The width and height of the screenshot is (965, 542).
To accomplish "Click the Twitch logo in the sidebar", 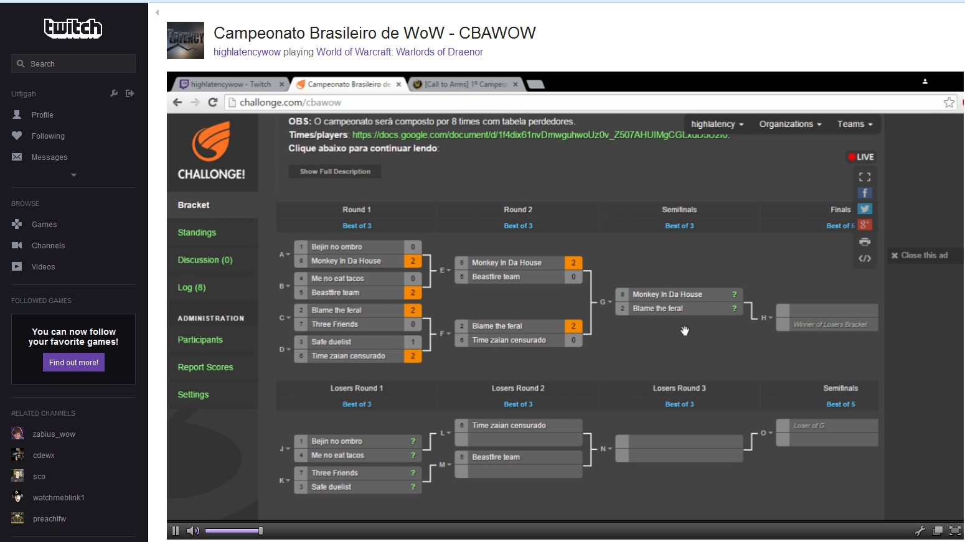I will pyautogui.click(x=73, y=28).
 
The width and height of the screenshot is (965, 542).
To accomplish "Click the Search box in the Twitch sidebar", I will pyautogui.click(x=73, y=63).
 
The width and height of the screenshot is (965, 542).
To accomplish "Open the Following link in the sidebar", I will pyautogui.click(x=48, y=136).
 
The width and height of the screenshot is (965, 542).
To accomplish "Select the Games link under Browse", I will pyautogui.click(x=44, y=225).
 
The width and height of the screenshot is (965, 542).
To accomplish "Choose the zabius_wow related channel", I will pyautogui.click(x=54, y=434).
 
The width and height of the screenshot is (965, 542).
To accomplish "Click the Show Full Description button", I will pyautogui.click(x=335, y=172).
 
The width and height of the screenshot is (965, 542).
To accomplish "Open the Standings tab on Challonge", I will pyautogui.click(x=197, y=233).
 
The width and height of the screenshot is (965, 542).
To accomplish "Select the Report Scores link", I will pyautogui.click(x=205, y=367).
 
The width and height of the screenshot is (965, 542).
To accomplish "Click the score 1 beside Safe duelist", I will pyautogui.click(x=413, y=342).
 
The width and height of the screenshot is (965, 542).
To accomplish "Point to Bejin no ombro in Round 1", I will pyautogui.click(x=337, y=247).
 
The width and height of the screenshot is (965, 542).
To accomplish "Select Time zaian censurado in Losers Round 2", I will pyautogui.click(x=509, y=426).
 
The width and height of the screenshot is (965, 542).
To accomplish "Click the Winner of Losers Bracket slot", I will pyautogui.click(x=830, y=324).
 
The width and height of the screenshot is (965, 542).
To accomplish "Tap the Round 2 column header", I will pyautogui.click(x=518, y=210).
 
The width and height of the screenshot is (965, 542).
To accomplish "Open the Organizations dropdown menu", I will pyautogui.click(x=790, y=124).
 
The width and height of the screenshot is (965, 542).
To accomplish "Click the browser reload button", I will pyautogui.click(x=213, y=103).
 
